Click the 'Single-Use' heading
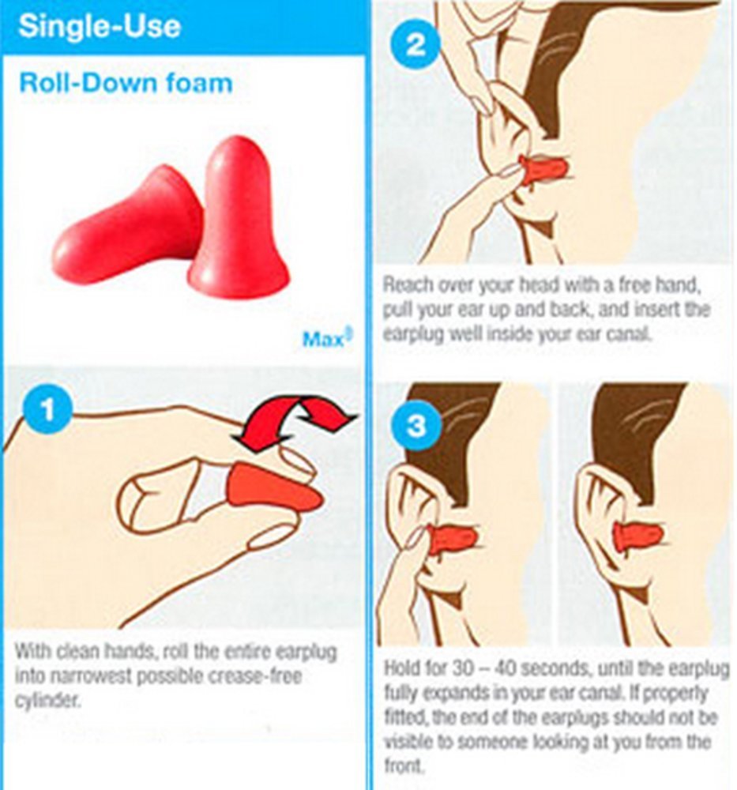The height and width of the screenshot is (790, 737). [x=100, y=26]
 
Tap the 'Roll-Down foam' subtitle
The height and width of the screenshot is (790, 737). [x=126, y=83]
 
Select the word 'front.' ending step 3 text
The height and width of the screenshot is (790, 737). [x=402, y=766]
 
